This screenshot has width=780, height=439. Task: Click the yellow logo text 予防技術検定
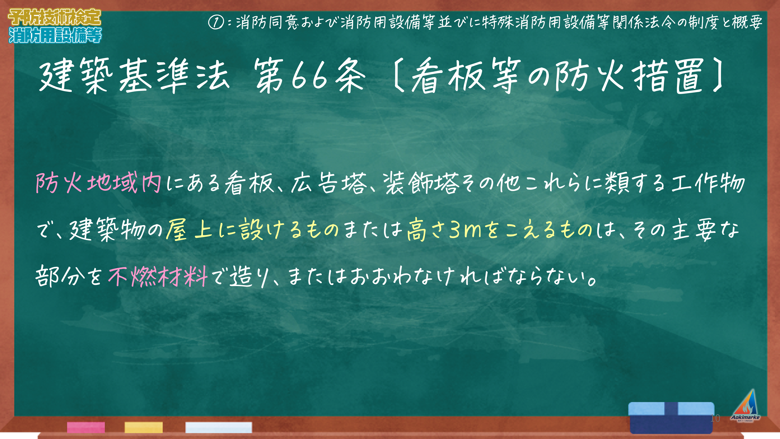(x=54, y=17)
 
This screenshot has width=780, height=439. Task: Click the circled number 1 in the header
(x=216, y=22)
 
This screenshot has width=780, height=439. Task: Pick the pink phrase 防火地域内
(x=98, y=183)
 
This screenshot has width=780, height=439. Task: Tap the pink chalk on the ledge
(x=86, y=427)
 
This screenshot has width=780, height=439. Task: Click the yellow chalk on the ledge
(x=144, y=427)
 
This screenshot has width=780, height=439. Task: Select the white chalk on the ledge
(x=219, y=427)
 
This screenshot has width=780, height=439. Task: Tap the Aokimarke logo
(x=745, y=406)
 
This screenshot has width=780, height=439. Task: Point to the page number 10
(x=715, y=418)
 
